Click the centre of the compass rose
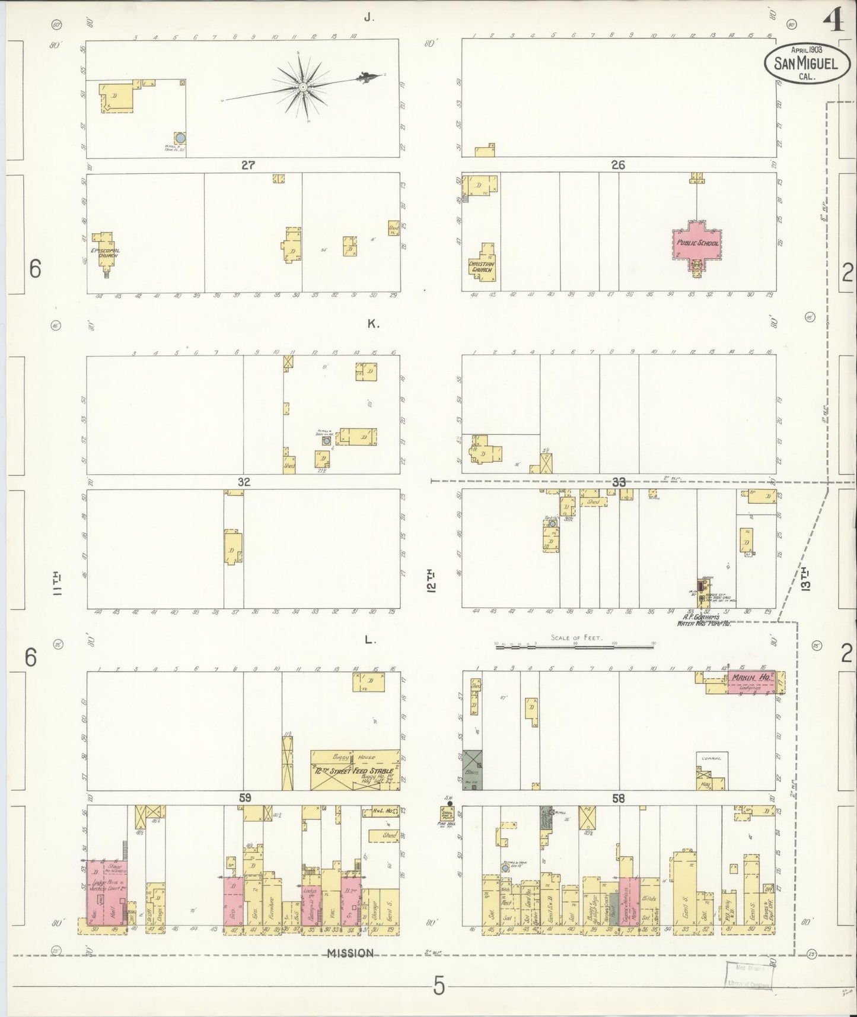(x=303, y=87)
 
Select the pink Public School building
(x=697, y=243)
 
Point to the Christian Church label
(x=481, y=266)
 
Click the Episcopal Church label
(x=104, y=253)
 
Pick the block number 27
(x=248, y=165)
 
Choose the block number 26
(x=618, y=165)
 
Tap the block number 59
(x=245, y=798)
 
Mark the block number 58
(x=618, y=798)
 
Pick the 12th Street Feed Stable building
(x=354, y=771)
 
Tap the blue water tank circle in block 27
(x=181, y=138)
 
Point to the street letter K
(x=372, y=324)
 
